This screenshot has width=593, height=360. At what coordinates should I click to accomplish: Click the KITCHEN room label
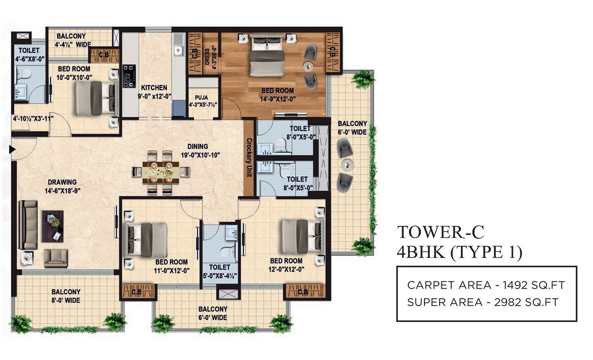point(152,88)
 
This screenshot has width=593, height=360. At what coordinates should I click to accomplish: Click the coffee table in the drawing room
point(52,225)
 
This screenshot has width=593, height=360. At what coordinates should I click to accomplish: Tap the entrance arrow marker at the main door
point(11,148)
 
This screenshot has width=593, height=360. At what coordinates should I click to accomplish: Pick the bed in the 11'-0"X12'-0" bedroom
point(147,238)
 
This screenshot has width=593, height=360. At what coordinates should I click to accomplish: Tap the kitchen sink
point(178,50)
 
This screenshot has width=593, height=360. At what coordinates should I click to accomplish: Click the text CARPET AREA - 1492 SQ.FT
point(486,285)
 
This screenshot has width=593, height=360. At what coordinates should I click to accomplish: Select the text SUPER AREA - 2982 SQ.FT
point(483,302)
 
